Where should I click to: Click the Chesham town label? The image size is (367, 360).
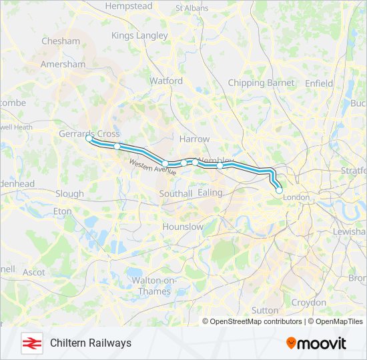pos(60,41)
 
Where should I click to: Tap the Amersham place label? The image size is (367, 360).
pos(63,65)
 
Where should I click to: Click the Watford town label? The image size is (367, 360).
pos(165,81)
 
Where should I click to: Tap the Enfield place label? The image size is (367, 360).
pos(319,83)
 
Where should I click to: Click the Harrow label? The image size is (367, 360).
pos(194,139)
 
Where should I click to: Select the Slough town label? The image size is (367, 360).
pos(69,194)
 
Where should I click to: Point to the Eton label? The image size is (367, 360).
pos(62,211)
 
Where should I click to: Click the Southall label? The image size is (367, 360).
pos(175,193)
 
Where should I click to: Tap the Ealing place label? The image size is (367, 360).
pos(210,192)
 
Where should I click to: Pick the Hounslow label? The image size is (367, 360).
pos(183,227)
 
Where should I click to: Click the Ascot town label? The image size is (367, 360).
pos(34,272)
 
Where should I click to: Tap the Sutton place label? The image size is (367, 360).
pos(265,310)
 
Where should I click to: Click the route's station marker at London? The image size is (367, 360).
pos(279,190)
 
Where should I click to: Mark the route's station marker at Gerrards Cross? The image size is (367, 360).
pos(89,139)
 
